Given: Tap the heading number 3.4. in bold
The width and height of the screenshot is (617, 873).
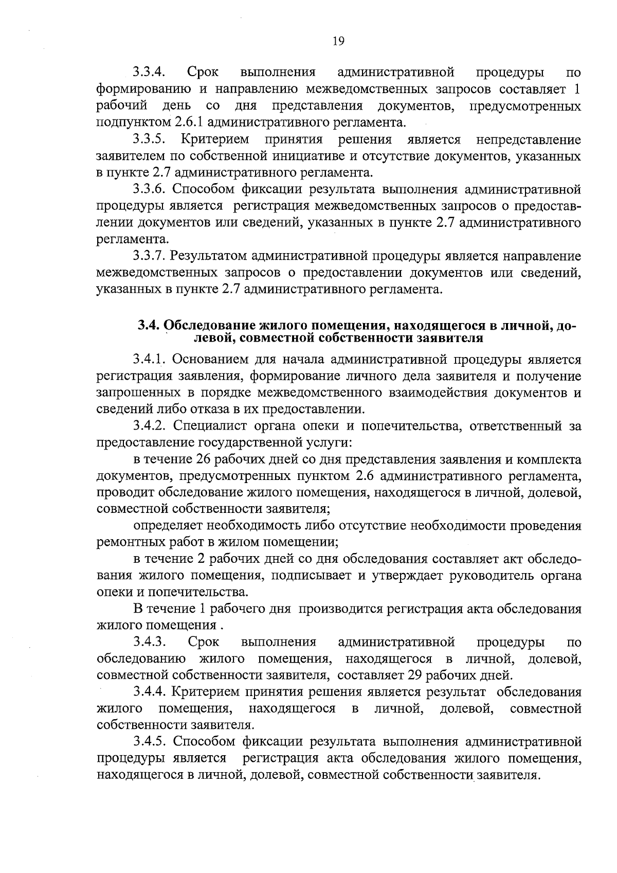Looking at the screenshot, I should pos(149,326).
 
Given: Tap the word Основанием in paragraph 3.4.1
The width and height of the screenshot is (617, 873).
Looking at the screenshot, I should pos(211,359).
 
